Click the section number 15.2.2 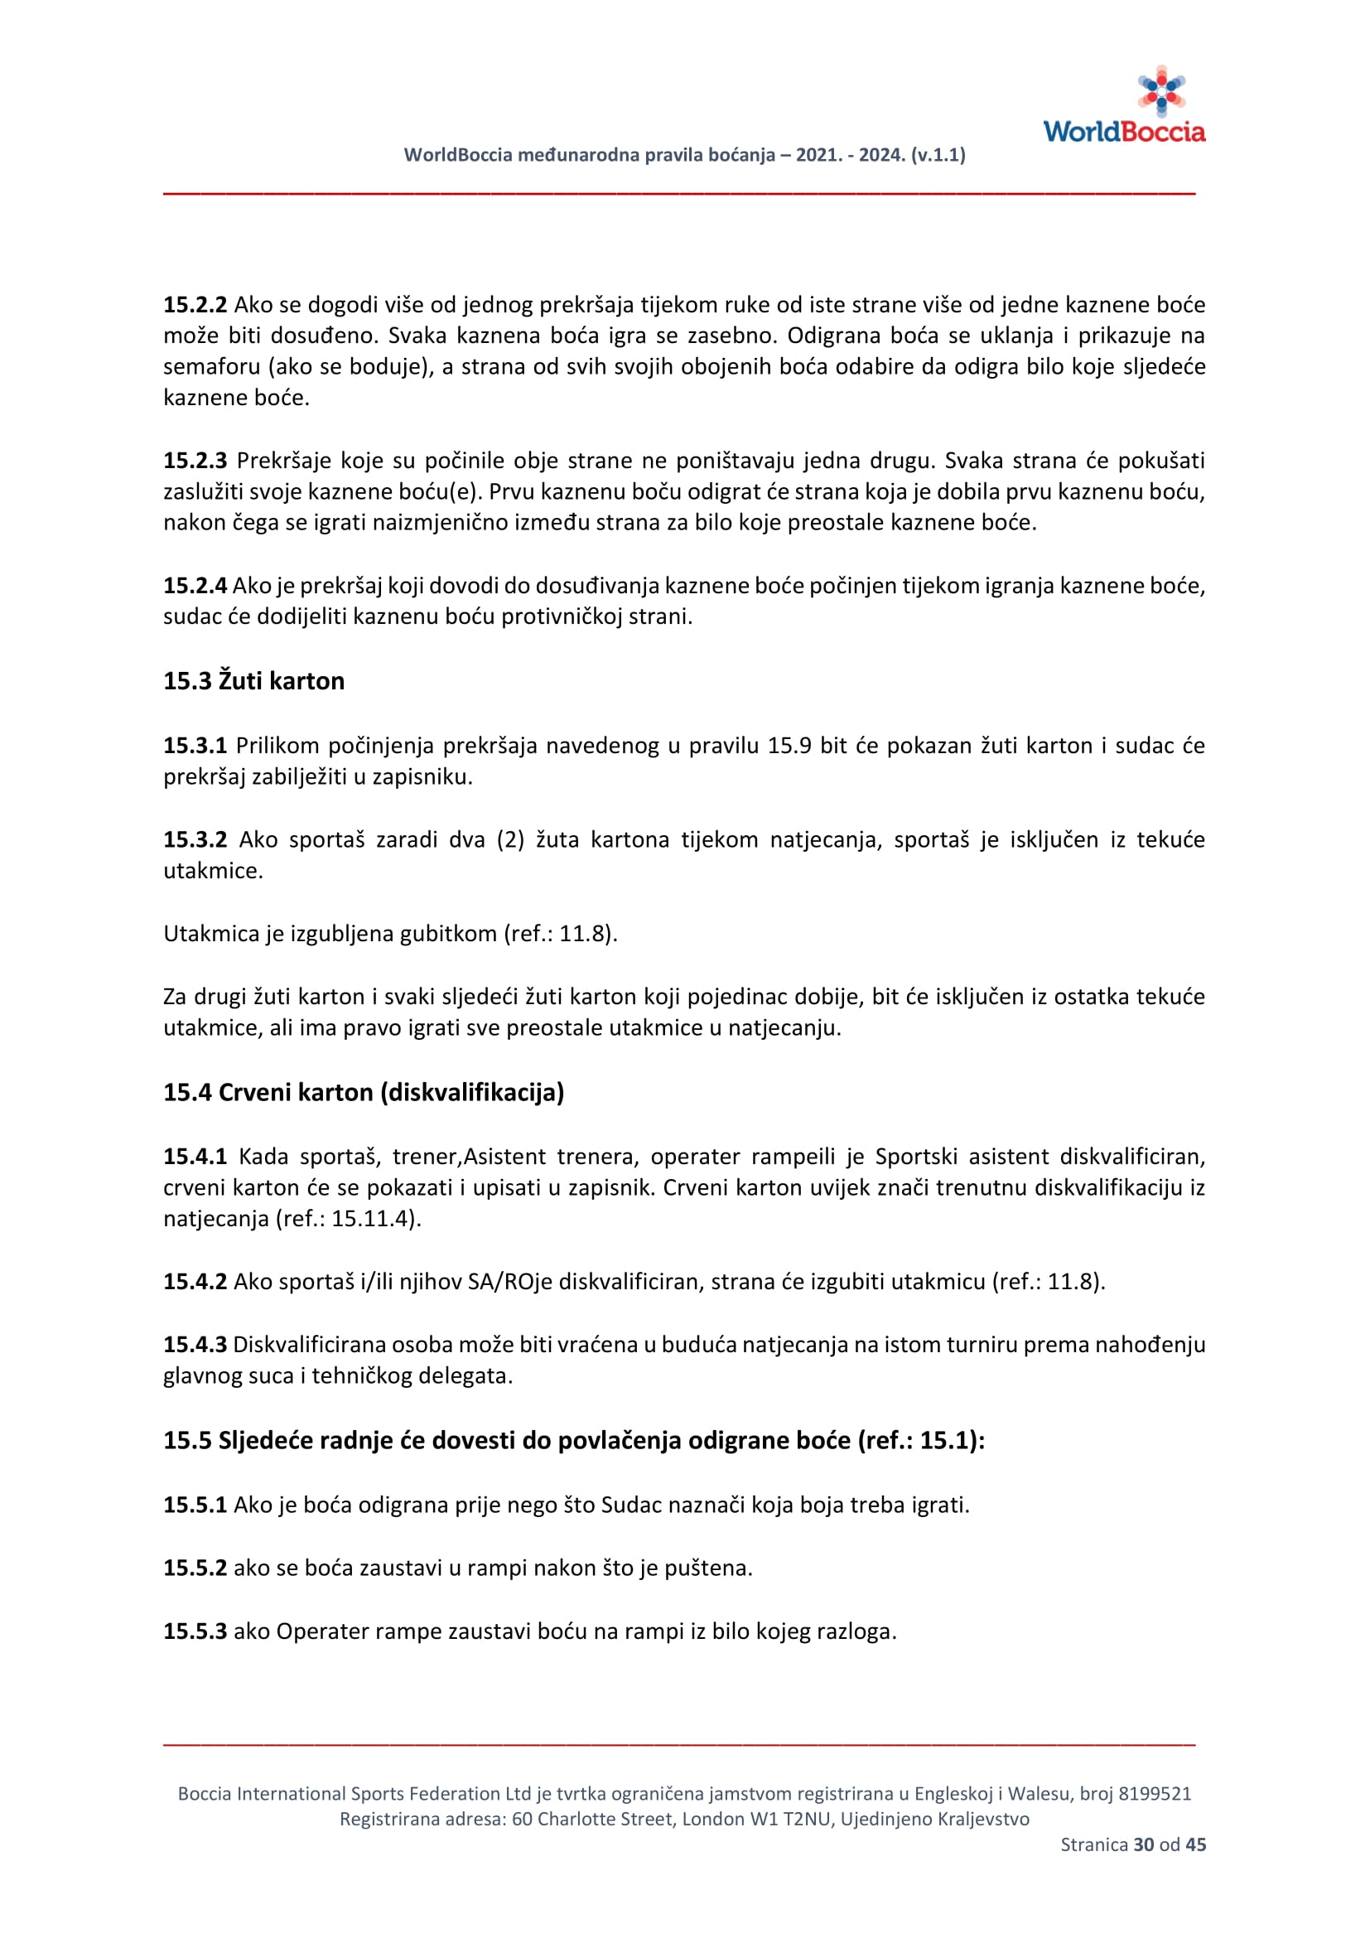point(195,305)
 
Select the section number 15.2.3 point(195,461)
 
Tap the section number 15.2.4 point(195,586)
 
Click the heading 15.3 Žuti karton point(254,681)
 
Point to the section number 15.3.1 point(195,747)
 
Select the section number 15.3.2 point(195,840)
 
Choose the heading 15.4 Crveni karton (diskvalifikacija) point(364,1093)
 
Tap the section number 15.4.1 point(195,1157)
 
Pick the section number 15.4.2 point(195,1282)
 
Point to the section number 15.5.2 point(195,1568)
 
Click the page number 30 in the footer point(1143,1845)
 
